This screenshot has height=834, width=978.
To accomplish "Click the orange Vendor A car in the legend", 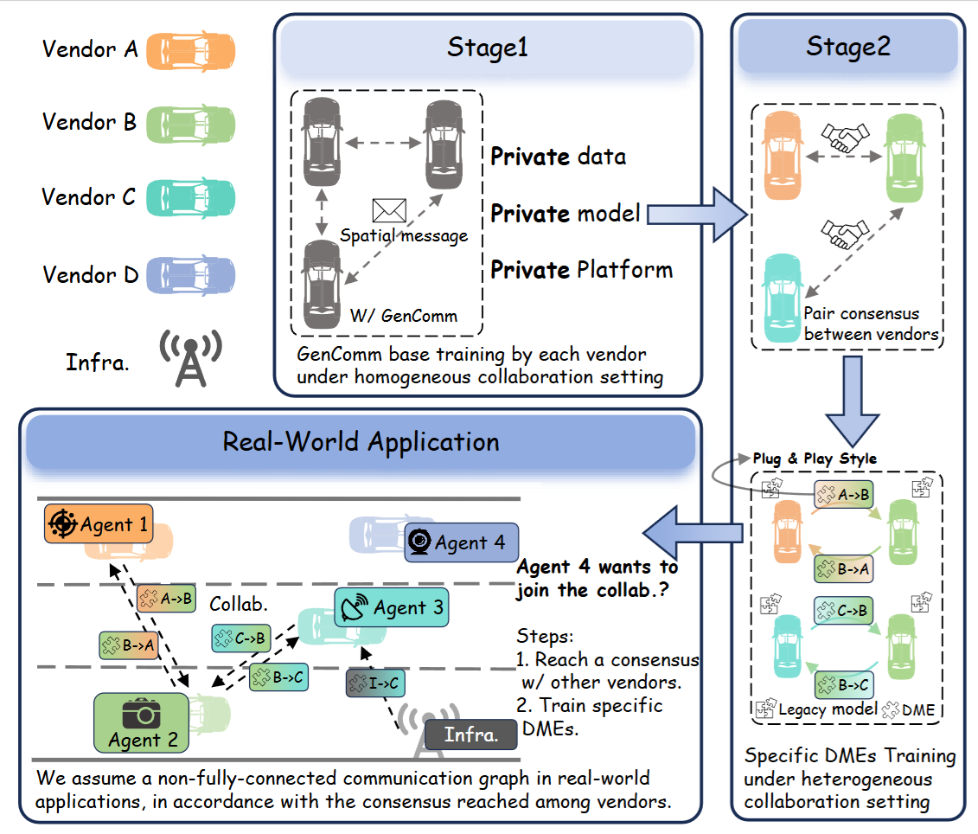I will click(x=190, y=49).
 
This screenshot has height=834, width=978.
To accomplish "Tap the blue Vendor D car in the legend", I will click(x=190, y=276).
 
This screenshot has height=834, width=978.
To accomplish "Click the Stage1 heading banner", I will click(x=487, y=48).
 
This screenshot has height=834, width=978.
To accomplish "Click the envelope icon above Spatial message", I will click(x=388, y=211).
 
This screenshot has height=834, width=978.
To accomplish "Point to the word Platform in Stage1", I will click(x=623, y=269).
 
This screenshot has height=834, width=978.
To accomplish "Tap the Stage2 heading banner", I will click(x=847, y=47).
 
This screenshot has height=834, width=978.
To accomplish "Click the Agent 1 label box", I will click(x=98, y=524).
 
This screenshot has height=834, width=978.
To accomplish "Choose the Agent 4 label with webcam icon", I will click(x=461, y=543).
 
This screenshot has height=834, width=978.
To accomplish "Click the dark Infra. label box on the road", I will click(x=471, y=735).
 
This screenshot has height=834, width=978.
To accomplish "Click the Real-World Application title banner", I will click(x=361, y=442).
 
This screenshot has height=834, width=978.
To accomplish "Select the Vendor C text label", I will click(x=89, y=197).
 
